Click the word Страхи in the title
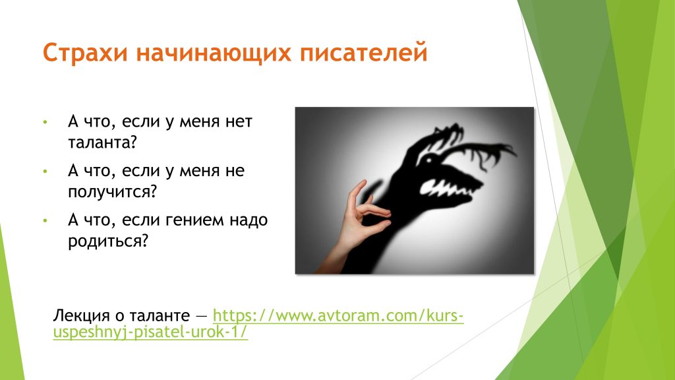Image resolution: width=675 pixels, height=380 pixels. [85, 53]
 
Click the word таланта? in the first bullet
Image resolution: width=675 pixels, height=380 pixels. [102, 142]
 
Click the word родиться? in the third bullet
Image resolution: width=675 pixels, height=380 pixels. [108, 241]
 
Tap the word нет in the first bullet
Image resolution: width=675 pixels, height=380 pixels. [239, 122]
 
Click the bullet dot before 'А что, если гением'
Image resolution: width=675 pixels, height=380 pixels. [45, 220]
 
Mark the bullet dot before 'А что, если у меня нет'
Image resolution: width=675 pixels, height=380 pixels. [45, 122]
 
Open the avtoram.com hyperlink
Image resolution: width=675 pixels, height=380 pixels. [258, 323]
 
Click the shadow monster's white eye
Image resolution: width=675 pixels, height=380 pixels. [428, 160]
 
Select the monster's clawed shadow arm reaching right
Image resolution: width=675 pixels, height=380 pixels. [482, 155]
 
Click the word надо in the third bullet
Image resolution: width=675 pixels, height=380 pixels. [249, 220]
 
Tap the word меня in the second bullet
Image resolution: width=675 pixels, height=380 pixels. [199, 172]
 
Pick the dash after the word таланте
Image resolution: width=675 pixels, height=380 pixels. [201, 317]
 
